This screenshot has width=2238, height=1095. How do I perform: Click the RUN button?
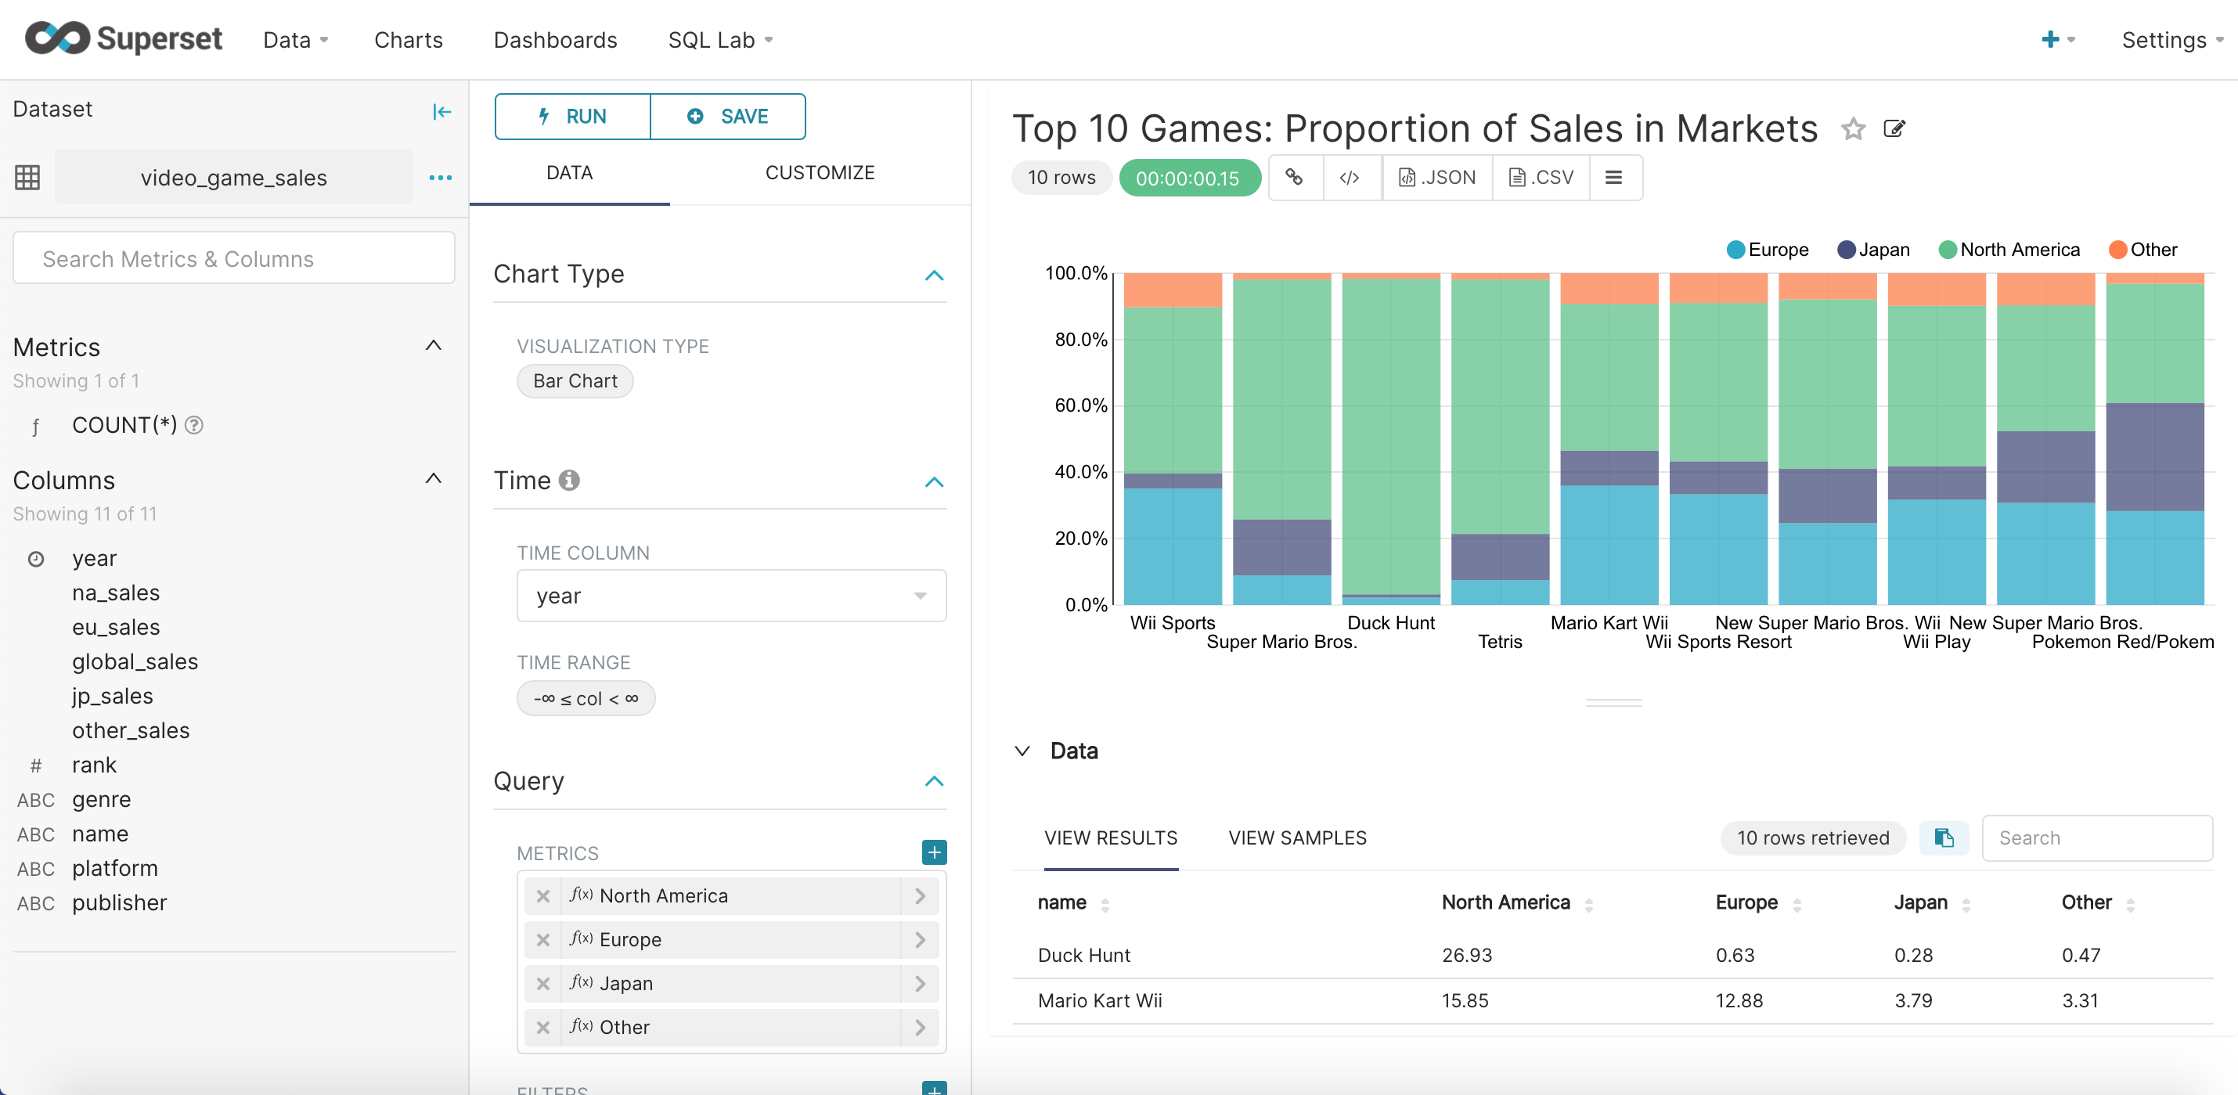tap(572, 117)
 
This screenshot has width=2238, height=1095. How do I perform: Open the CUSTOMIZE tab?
tap(820, 173)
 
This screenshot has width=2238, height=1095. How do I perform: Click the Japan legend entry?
tap(1874, 250)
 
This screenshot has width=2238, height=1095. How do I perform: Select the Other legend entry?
tap(2143, 250)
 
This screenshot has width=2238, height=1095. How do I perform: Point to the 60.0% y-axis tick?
tap(1080, 405)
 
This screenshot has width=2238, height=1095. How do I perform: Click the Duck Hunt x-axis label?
tap(1390, 622)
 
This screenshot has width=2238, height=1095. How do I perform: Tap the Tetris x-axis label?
tap(1500, 642)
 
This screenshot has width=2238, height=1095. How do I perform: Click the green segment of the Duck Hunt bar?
tap(1390, 434)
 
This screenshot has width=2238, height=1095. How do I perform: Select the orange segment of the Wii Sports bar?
tap(1172, 290)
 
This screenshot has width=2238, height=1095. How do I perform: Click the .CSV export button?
tap(1541, 178)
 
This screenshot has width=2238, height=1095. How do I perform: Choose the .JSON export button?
tap(1437, 178)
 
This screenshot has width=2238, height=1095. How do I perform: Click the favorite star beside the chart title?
tap(1853, 129)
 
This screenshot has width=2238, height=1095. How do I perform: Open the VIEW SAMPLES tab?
tap(1296, 838)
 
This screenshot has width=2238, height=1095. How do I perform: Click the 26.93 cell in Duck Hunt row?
tap(1466, 955)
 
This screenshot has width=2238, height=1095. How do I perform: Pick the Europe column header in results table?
tap(1746, 902)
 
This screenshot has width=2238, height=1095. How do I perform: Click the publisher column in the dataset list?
tap(119, 903)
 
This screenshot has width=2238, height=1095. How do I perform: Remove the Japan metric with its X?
tap(543, 984)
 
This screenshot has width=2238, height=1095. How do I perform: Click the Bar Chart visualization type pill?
tap(575, 381)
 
